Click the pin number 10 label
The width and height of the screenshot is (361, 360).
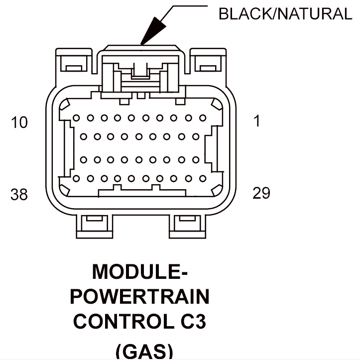[x=19, y=122]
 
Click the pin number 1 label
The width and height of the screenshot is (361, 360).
[x=257, y=121]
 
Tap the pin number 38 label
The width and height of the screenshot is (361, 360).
[x=19, y=194]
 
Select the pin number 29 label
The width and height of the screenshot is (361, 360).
[x=261, y=193]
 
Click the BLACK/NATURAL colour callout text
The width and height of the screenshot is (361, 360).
[x=285, y=14]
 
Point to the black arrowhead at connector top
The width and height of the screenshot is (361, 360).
[x=153, y=30]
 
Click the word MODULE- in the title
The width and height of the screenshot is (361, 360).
[x=140, y=271]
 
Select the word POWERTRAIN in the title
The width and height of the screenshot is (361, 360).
[x=139, y=296]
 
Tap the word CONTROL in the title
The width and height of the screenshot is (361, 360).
[x=124, y=321]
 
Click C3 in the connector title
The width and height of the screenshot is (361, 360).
[x=193, y=321]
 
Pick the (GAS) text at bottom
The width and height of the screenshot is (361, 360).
[x=144, y=351]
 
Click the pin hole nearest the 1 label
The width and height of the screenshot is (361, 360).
[x=203, y=118]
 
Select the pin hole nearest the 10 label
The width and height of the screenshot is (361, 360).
[x=76, y=118]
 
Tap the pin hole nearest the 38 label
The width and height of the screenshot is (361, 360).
[x=76, y=178]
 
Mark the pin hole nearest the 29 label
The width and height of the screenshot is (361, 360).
[x=203, y=178]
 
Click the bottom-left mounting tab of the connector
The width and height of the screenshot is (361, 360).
[x=95, y=227]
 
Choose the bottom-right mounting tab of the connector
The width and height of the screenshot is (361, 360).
[x=187, y=227]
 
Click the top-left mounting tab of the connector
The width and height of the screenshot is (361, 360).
[x=74, y=61]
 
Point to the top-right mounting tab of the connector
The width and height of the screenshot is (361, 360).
[x=208, y=61]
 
